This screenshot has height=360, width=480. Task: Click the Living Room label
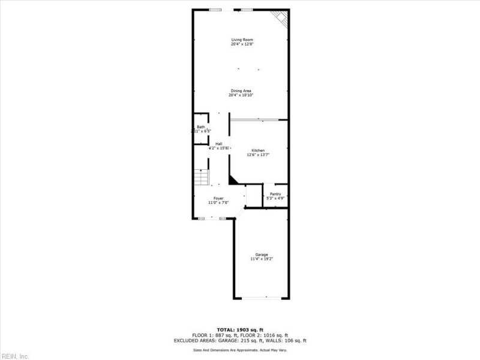242,40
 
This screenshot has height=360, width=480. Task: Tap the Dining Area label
241,91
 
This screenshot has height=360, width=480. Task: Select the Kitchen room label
258,150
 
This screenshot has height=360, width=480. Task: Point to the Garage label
262,254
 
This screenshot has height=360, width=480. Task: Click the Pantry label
275,194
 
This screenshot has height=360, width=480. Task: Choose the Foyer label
218,198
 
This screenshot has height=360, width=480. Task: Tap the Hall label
219,143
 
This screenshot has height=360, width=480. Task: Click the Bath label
200,127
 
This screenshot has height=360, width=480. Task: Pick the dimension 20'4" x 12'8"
242,44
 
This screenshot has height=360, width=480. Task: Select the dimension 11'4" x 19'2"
262,259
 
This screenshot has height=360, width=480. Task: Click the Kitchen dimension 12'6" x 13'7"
258,155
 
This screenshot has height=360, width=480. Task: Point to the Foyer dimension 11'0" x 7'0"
218,203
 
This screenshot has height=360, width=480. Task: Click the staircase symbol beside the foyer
202,177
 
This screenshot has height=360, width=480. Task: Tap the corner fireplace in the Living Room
280,17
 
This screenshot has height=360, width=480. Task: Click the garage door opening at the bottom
262,298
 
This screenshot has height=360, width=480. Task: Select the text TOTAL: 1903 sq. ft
240,330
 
